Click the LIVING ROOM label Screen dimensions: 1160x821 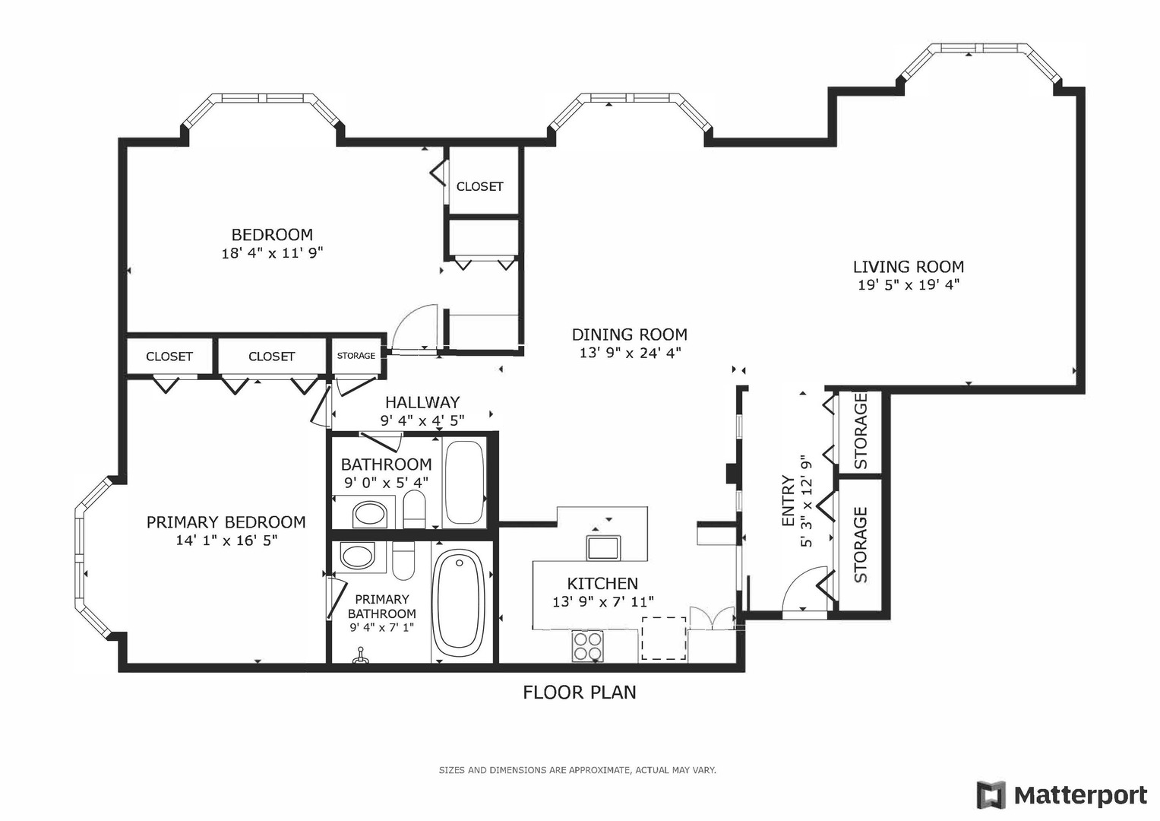[909, 267]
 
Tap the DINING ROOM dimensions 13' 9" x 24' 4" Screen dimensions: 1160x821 [630, 353]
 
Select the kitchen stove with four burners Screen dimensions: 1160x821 [588, 646]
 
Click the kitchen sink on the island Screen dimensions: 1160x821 [602, 548]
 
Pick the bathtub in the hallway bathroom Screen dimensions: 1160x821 [464, 482]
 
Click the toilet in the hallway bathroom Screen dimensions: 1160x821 [414, 509]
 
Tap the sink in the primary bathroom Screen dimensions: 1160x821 [357, 557]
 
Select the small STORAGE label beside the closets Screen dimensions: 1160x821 [356, 356]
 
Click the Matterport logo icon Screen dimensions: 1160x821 [991, 795]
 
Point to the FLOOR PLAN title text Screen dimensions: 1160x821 [580, 693]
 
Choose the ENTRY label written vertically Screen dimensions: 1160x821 [789, 501]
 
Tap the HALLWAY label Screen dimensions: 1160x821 [422, 402]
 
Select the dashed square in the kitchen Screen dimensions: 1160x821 [664, 638]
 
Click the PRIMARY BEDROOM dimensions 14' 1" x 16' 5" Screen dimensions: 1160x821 [226, 540]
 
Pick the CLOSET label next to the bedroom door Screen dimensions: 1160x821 [479, 186]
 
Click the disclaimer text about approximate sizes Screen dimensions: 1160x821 [577, 770]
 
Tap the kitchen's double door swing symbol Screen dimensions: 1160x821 [712, 618]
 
